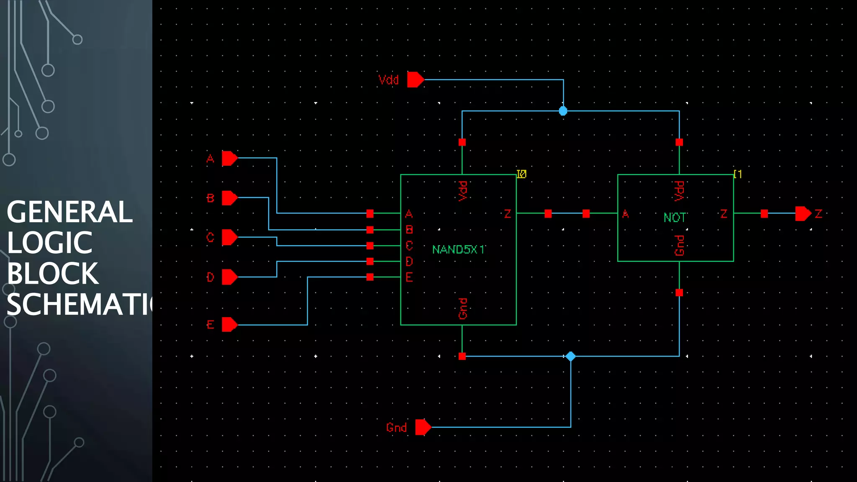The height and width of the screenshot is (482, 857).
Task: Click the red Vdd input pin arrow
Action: tap(415, 79)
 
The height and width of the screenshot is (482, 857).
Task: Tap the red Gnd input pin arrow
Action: tap(423, 427)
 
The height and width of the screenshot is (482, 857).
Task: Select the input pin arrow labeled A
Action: tap(229, 159)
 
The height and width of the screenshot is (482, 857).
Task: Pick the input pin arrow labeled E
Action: tap(229, 325)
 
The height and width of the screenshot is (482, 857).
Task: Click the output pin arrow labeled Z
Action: tap(803, 214)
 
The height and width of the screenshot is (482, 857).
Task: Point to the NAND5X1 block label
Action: tap(458, 250)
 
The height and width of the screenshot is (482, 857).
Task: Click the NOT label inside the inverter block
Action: tap(674, 218)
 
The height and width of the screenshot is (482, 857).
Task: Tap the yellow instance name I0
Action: tap(521, 174)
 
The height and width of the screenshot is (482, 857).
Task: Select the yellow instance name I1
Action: tap(738, 174)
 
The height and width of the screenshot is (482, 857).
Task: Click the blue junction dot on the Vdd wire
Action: tap(563, 111)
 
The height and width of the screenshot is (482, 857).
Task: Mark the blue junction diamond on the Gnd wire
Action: tap(570, 356)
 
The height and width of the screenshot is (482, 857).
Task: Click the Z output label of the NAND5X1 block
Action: tap(508, 214)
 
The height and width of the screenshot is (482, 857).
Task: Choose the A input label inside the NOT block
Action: tap(625, 214)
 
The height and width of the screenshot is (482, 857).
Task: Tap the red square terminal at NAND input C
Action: tap(370, 246)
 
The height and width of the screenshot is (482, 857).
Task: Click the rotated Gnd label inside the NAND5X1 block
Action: tap(463, 308)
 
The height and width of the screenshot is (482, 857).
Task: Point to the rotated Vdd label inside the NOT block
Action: tap(679, 191)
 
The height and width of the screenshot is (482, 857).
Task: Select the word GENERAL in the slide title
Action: tap(69, 212)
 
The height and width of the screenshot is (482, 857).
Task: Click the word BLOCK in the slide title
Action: tap(53, 274)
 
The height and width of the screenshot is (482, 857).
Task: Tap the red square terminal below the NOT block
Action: tap(679, 292)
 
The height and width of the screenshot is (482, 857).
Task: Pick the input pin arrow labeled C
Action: tap(229, 237)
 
